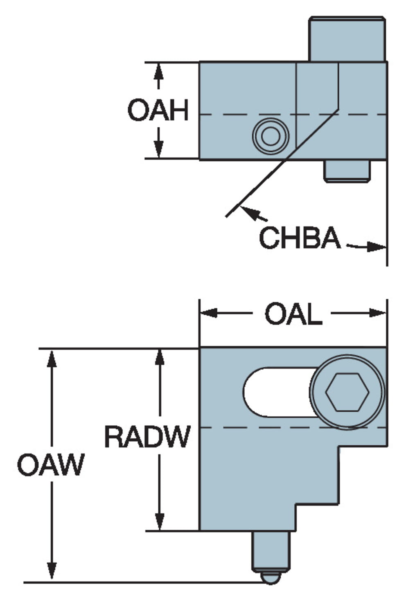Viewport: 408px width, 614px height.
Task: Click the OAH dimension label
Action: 158,110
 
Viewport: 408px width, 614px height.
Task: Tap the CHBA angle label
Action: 300,238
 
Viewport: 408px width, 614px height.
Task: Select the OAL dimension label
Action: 293,314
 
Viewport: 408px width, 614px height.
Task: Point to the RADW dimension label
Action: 147,436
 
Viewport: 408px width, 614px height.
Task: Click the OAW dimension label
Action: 51,465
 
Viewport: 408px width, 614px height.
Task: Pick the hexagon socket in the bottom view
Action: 347,392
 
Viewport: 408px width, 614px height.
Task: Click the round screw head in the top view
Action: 270,136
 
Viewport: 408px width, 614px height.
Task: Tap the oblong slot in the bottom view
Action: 278,392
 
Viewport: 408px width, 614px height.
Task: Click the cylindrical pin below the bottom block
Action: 270,551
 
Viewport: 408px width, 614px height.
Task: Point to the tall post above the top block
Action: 347,39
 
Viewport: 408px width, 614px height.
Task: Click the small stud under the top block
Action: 347,171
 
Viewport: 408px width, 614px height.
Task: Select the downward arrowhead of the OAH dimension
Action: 158,150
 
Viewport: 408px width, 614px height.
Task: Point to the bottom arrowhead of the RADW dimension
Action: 160,521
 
